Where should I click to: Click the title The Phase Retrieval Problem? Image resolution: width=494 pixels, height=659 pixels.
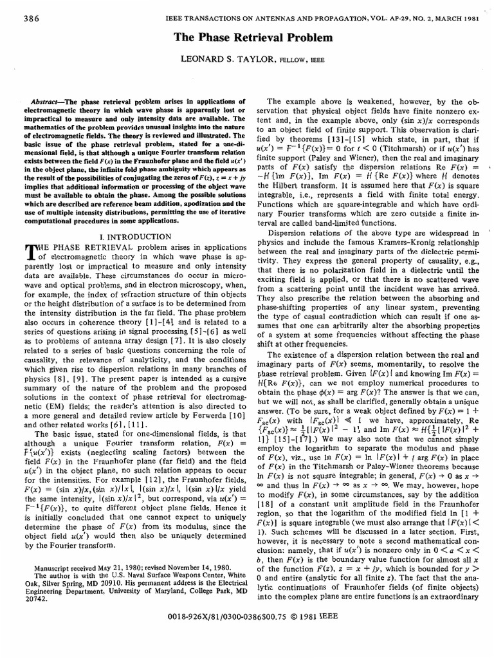[247, 37]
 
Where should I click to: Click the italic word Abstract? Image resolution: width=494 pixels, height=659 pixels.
[46, 102]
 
